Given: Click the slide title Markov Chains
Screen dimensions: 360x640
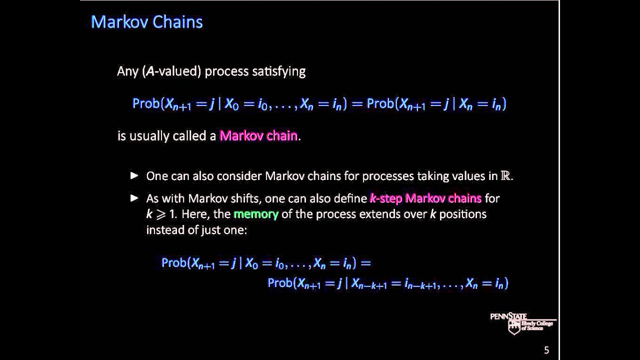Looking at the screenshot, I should tap(146, 22).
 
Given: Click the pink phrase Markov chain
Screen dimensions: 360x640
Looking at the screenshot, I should tap(258, 136).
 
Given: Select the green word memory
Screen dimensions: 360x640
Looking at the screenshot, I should tap(255, 214).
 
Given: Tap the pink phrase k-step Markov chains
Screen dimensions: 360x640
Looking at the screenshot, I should tap(425, 198).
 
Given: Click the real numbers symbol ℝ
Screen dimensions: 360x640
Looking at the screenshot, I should tap(506, 176).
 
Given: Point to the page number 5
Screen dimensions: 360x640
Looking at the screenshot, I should tap(546, 350).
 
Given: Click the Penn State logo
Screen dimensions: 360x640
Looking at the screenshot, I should tap(522, 323).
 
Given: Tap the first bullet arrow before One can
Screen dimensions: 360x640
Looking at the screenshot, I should tap(134, 175).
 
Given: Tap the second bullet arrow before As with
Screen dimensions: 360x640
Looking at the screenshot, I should tap(134, 198).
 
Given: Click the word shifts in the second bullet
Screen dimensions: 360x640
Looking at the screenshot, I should tap(244, 198).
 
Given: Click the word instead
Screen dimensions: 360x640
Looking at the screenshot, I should tap(163, 230).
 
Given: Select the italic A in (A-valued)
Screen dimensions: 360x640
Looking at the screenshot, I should tap(150, 71).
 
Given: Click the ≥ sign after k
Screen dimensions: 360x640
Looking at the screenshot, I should tap(161, 214).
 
